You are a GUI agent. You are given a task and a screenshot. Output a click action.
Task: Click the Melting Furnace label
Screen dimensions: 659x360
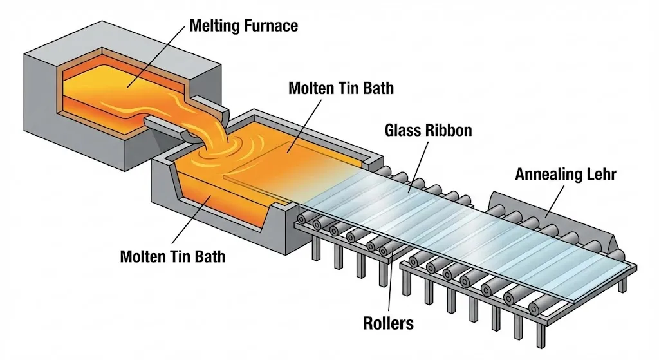(244, 26)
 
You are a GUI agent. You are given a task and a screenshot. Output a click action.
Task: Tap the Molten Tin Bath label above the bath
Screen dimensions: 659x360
(341, 88)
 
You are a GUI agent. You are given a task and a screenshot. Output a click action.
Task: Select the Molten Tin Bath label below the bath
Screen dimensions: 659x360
(172, 256)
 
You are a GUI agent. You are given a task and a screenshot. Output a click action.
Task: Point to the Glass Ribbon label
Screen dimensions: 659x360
(428, 130)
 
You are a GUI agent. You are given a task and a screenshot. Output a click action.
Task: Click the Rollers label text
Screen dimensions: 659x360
(388, 323)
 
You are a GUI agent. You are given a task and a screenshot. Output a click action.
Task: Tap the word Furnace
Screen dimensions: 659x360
(271, 26)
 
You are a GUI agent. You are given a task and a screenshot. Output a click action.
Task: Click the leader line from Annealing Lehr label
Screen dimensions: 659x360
(554, 201)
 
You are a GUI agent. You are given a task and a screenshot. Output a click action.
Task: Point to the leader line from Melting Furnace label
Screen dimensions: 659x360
(156, 57)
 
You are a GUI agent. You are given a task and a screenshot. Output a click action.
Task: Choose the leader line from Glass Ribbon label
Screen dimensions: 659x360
(418, 167)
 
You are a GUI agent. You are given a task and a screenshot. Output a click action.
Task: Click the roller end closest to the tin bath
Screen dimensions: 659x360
(301, 219)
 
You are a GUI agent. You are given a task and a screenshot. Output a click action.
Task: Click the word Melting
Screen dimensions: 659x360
(215, 26)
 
